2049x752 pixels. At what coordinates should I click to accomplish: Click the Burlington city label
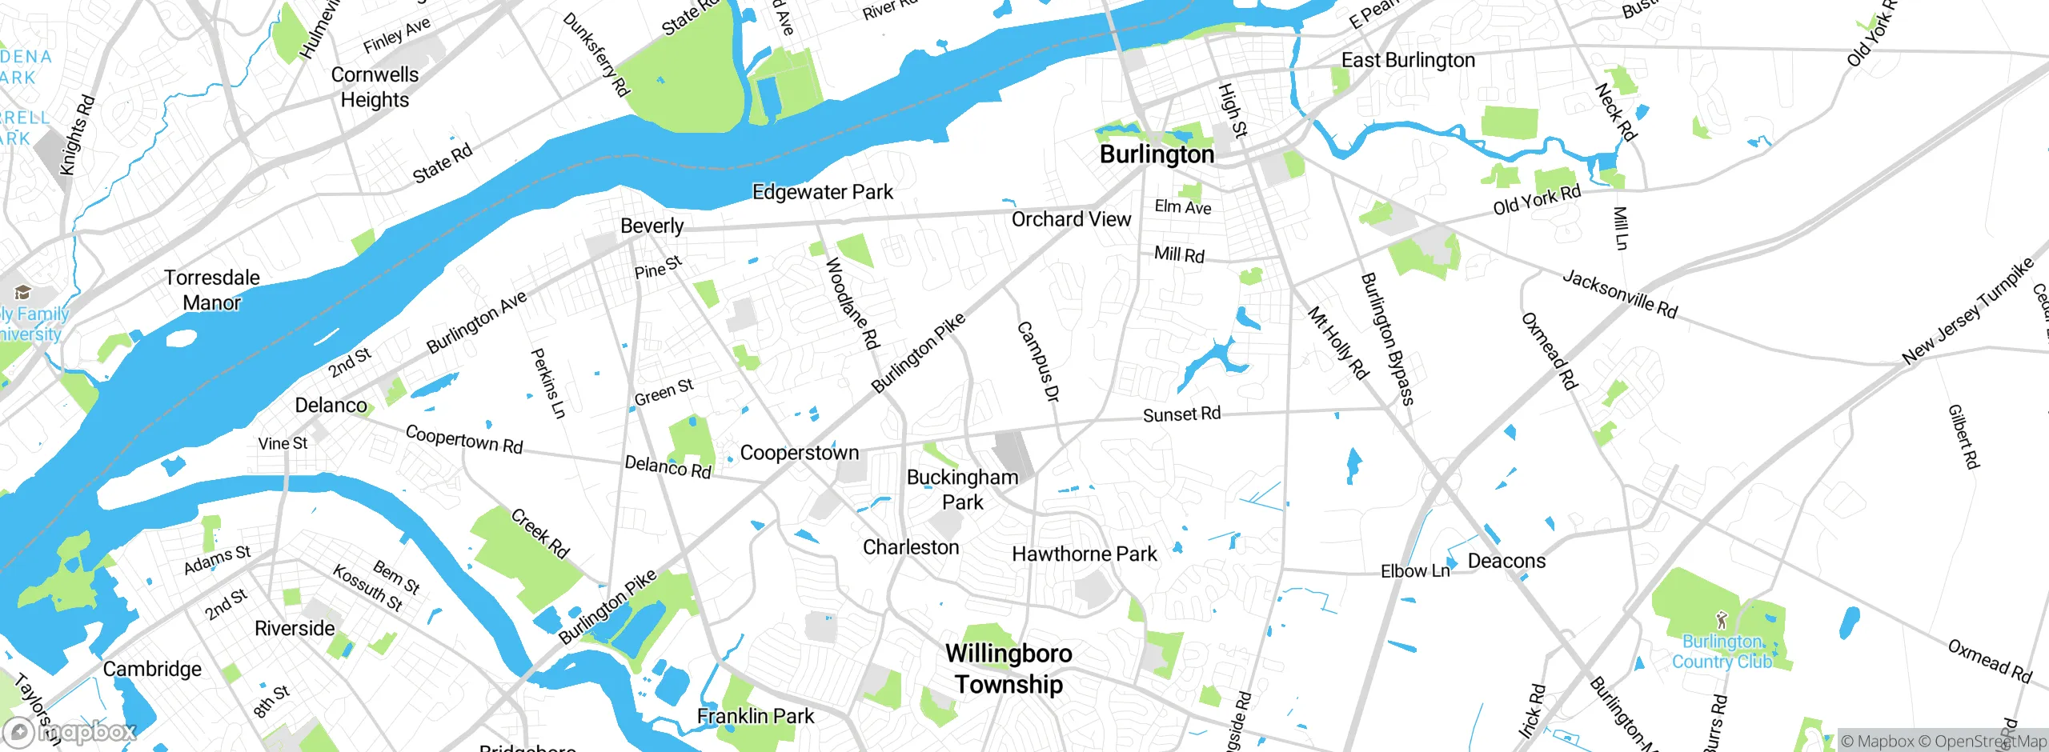point(1157,154)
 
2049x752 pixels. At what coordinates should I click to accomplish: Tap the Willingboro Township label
point(1008,669)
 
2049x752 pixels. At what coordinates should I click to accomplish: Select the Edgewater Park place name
point(822,192)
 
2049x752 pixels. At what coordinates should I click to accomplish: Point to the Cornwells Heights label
point(375,87)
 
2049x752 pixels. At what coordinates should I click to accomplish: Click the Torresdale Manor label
point(211,290)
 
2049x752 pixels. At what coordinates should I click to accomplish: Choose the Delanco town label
point(331,405)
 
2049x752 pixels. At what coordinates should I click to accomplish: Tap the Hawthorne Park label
point(1084,554)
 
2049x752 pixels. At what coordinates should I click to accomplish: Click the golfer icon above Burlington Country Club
point(1722,620)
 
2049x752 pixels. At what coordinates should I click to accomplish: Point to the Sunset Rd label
point(1181,414)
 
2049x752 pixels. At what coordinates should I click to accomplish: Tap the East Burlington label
point(1407,60)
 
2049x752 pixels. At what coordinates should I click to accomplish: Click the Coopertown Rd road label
point(463,439)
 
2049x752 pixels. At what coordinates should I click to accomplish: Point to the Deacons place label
point(1506,561)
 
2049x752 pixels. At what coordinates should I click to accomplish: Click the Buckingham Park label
point(962,489)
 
